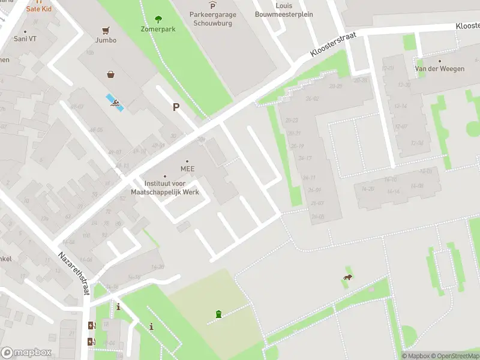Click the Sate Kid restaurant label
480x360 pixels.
pos(38,10)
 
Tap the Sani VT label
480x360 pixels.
pos(25,38)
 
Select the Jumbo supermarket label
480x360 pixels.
pos(106,40)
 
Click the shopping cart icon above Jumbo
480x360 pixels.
pos(106,30)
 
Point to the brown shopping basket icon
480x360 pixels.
pos(111,75)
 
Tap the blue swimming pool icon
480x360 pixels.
pos(115,103)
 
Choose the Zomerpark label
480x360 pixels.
pos(158,28)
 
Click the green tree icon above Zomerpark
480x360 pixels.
pos(158,19)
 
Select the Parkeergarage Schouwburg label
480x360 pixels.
pos(212,19)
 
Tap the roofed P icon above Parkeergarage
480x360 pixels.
pos(212,5)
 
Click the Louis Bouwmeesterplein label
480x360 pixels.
pos(284,10)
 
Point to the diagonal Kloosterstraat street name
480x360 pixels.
pos(333,45)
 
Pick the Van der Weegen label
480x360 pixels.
pos(440,69)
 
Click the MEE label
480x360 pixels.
pos(187,169)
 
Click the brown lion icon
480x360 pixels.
pos(347,277)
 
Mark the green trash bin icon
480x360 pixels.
pos(218,314)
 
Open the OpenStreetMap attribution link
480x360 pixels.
pos(455,356)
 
